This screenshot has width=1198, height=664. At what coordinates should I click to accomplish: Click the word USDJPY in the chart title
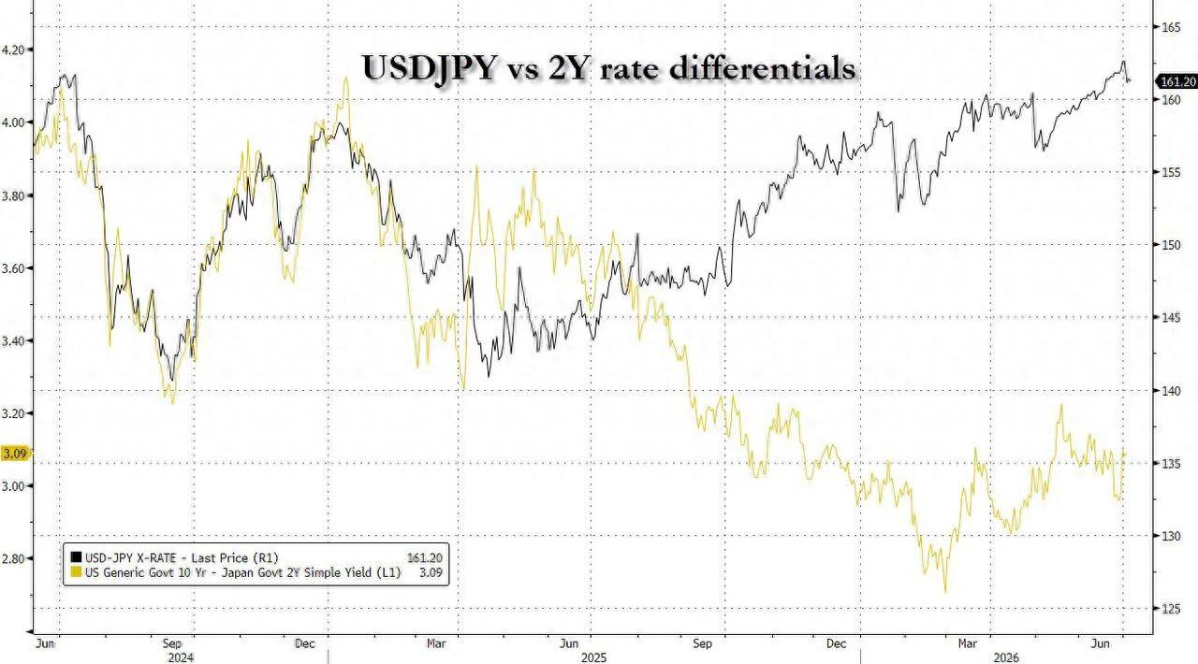429,68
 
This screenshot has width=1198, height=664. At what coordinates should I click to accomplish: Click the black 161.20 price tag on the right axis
1176,81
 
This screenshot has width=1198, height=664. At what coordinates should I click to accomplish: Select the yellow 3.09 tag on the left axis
14,454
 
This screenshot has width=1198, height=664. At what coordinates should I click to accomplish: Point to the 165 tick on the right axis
1166,27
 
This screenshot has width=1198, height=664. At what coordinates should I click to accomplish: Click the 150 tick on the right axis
1166,245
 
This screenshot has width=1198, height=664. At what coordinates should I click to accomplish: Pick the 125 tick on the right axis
1166,609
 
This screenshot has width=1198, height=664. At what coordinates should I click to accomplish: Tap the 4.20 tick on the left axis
13,50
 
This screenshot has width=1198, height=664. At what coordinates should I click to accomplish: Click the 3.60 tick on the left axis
13,267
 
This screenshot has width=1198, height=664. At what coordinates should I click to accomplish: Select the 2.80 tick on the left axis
13,558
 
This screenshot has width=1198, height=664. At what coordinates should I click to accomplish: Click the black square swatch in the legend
76,557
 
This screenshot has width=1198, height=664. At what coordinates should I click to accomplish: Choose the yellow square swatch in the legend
76,572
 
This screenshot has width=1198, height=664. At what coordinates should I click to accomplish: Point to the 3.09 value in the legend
431,572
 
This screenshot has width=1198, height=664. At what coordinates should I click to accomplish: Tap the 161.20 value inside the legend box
425,558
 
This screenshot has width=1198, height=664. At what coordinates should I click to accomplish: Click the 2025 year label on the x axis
593,657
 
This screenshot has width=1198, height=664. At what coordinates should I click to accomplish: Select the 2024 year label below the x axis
181,657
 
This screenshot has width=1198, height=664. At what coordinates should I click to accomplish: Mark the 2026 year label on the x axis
1005,657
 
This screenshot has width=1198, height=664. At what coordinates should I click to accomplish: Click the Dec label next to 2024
305,643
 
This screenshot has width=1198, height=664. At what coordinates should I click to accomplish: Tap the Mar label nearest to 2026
967,643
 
